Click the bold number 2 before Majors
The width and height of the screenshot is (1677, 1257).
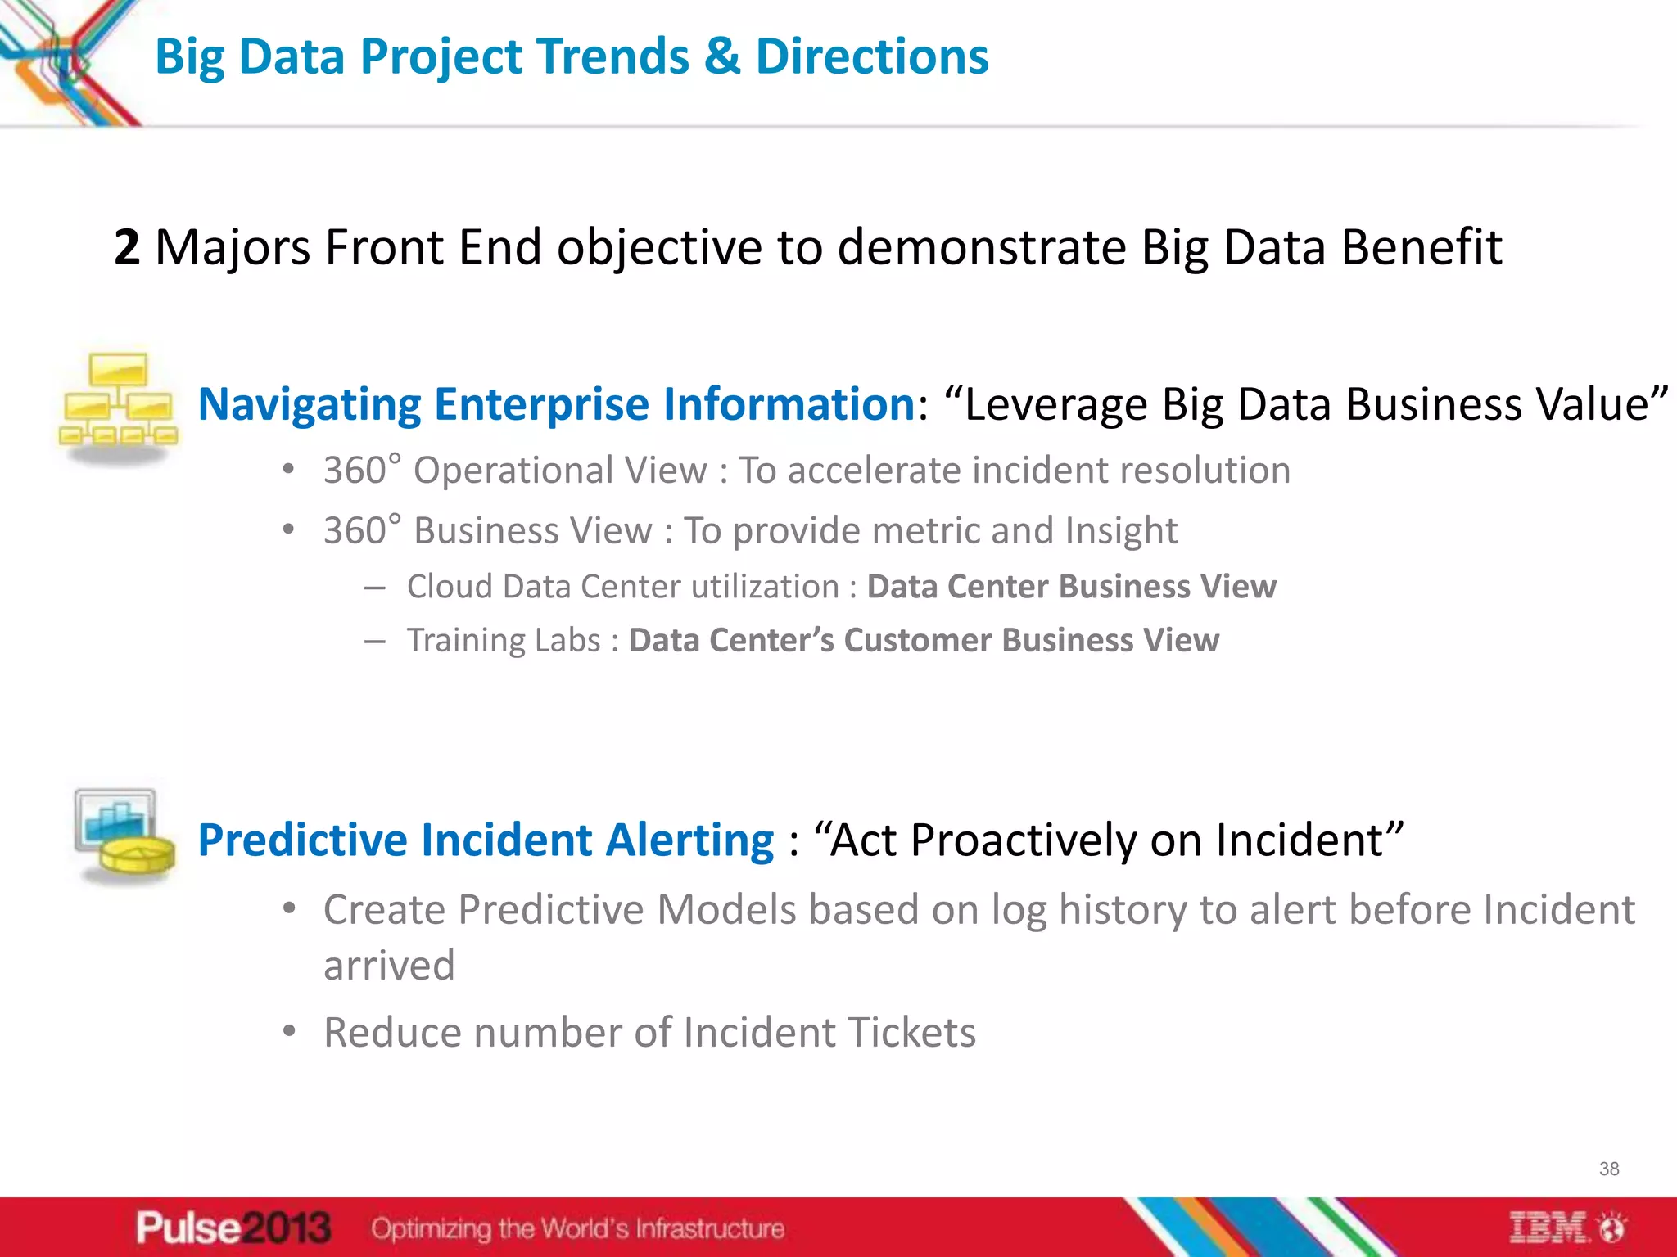pos(127,247)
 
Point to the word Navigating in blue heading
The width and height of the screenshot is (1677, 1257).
pos(310,405)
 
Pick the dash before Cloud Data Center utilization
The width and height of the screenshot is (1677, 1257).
pos(375,588)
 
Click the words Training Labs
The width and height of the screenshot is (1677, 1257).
pos(504,640)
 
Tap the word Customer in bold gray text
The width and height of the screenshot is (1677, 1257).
pos(917,640)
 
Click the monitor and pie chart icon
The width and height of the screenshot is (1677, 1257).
pos(123,835)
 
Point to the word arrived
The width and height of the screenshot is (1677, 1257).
pos(389,966)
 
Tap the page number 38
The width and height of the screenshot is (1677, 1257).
pos(1608,1169)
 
